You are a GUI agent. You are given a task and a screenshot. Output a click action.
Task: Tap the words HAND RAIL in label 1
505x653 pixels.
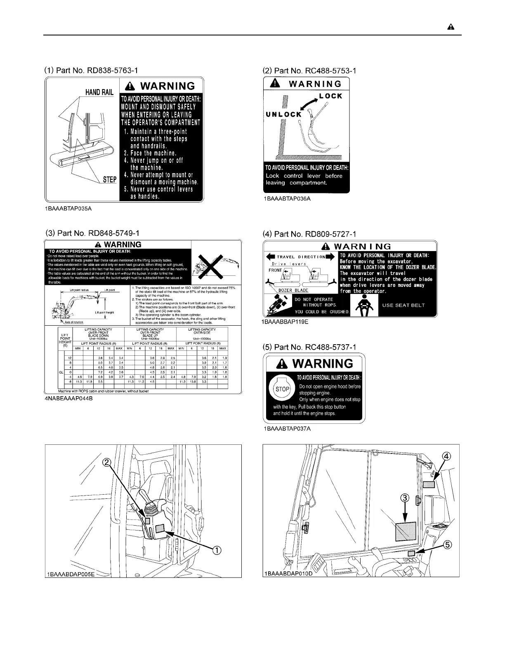point(99,92)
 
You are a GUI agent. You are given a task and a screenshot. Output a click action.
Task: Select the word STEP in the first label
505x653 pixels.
point(109,180)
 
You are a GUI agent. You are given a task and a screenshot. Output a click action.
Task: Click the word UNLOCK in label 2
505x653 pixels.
point(284,114)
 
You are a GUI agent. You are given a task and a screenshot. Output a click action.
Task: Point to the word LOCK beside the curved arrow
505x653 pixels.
point(331,96)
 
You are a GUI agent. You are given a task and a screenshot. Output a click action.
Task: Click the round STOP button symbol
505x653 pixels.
point(282,389)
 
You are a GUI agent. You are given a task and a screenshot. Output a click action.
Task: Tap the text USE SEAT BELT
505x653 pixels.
point(404,305)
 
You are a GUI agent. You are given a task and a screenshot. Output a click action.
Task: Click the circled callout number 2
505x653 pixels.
point(106,463)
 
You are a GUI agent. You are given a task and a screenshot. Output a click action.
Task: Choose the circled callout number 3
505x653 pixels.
point(405,498)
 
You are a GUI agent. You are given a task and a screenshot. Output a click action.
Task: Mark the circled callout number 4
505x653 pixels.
point(446,456)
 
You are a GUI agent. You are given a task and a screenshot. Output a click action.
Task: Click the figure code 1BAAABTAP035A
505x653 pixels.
point(68,209)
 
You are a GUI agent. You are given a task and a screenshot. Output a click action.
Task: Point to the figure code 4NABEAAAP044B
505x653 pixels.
point(68,399)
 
